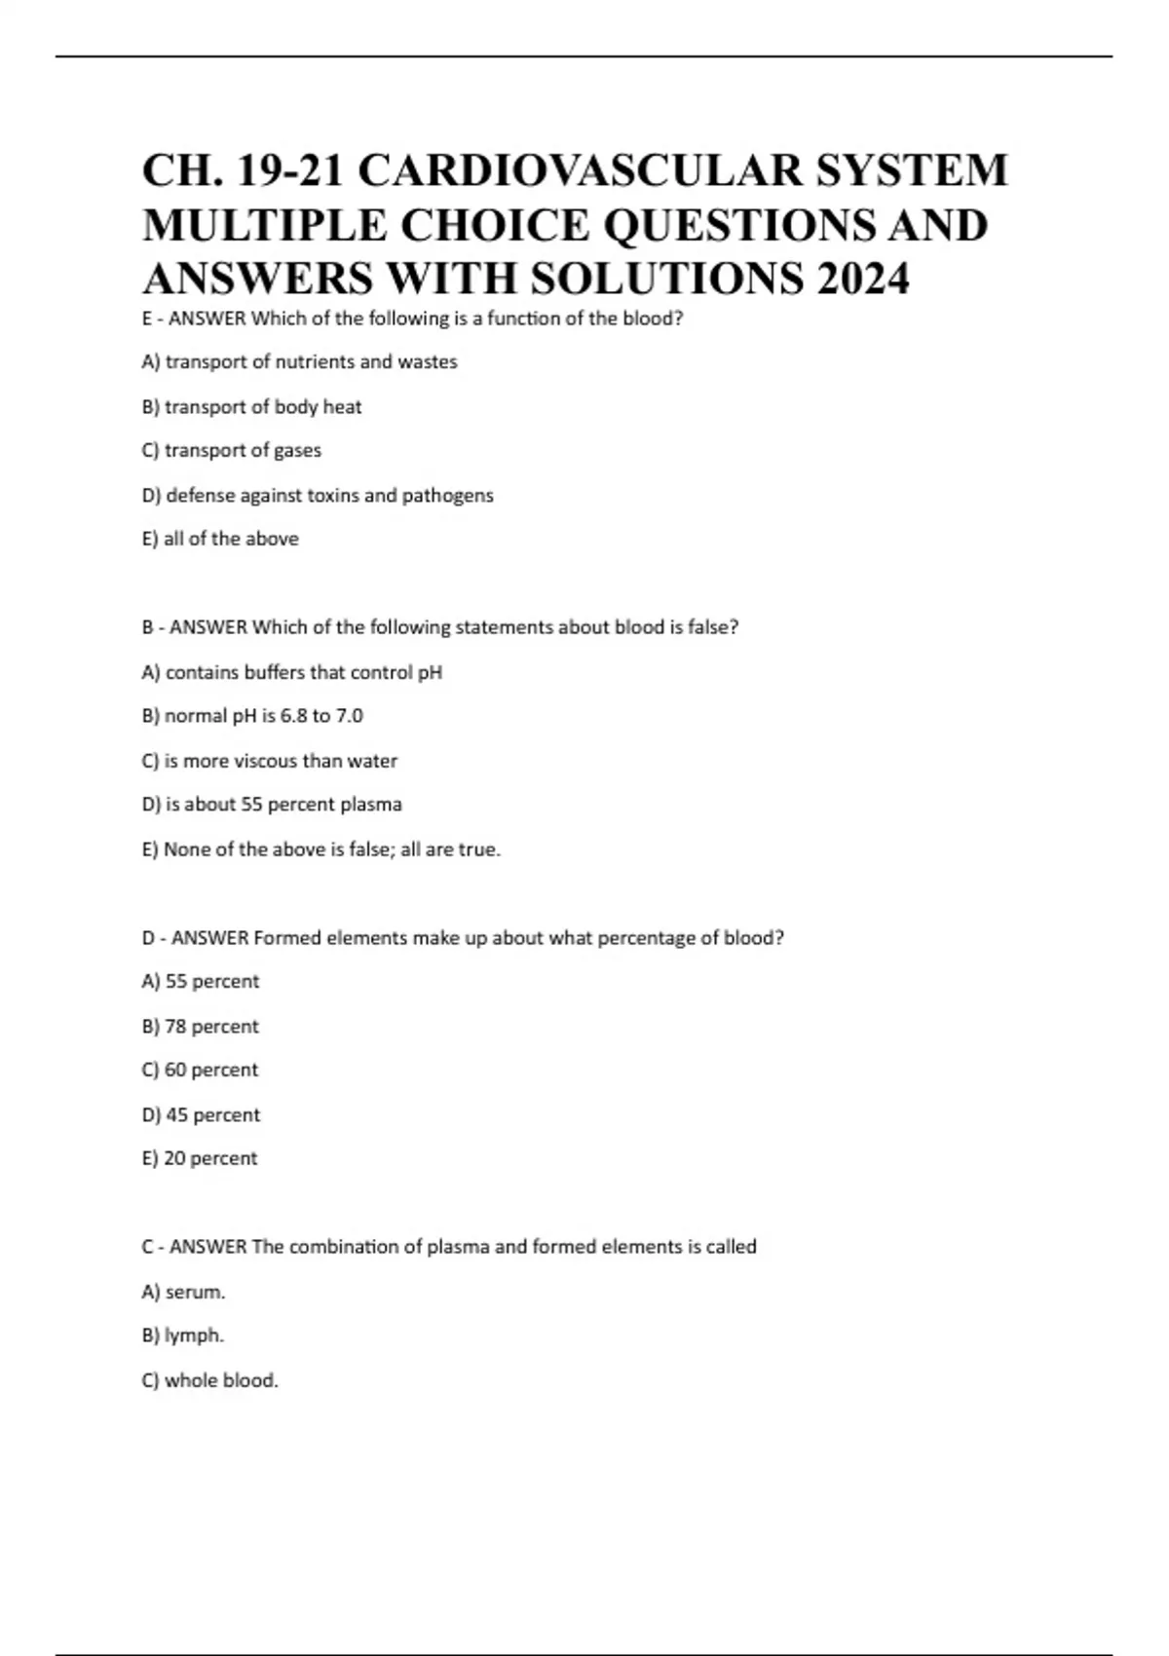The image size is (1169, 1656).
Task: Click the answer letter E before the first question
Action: click(147, 319)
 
